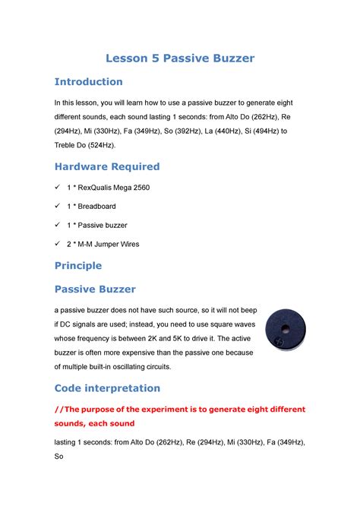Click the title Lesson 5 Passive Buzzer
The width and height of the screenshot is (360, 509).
[179, 58]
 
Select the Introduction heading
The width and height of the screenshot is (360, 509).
[87, 81]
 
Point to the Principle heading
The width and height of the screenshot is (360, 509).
[78, 266]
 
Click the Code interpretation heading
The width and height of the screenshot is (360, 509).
[106, 388]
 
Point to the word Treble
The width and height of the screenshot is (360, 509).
[66, 144]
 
